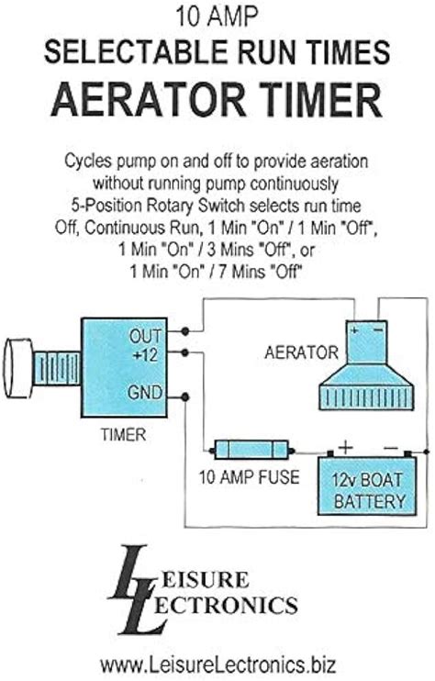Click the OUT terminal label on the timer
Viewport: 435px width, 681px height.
tap(145, 336)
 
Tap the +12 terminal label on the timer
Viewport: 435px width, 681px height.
tap(145, 356)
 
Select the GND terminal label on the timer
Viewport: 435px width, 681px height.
tap(145, 393)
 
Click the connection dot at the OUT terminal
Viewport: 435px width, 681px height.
tap(185, 331)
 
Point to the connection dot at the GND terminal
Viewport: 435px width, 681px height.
tap(185, 397)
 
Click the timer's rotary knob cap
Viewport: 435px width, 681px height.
tap(18, 368)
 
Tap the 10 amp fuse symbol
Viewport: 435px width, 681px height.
tap(251, 450)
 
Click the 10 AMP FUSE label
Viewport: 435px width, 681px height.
tap(250, 477)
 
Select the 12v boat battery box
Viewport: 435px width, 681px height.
tap(367, 486)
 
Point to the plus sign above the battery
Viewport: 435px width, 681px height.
tap(346, 447)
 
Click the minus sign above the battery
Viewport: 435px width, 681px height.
tap(390, 448)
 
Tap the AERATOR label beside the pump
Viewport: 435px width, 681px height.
tap(301, 352)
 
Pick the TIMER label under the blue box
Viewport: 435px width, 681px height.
tap(123, 435)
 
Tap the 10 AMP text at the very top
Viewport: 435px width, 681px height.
tap(217, 17)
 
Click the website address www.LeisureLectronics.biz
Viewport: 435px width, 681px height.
tap(217, 664)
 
